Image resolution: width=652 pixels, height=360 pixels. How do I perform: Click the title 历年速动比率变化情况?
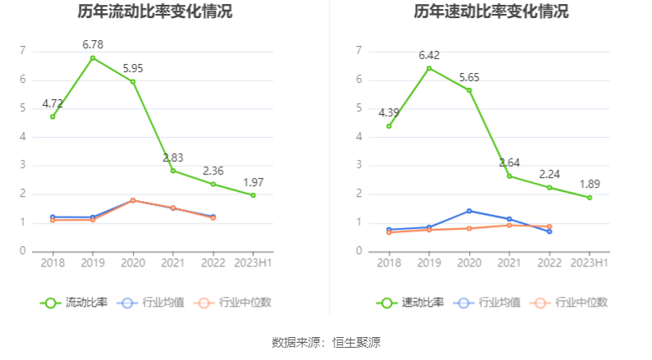491,12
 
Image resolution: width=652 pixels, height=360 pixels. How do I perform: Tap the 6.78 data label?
93,44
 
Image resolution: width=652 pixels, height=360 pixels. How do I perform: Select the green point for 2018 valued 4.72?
52,116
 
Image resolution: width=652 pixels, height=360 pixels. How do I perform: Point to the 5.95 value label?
133,68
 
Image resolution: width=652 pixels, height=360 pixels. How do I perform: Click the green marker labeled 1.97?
253,195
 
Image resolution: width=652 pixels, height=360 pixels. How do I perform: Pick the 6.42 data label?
429,55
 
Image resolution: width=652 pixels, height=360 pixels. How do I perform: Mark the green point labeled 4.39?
389,126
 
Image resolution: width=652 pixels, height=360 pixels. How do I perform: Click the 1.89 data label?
590,184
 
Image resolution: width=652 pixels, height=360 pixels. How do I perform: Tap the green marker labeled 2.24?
549,188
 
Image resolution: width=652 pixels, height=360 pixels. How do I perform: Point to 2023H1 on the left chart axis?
253,262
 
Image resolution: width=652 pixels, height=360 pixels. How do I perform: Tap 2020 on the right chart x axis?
469,262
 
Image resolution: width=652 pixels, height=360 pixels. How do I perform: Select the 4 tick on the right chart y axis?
358,137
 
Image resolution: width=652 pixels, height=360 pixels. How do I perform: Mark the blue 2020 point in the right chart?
469,211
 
